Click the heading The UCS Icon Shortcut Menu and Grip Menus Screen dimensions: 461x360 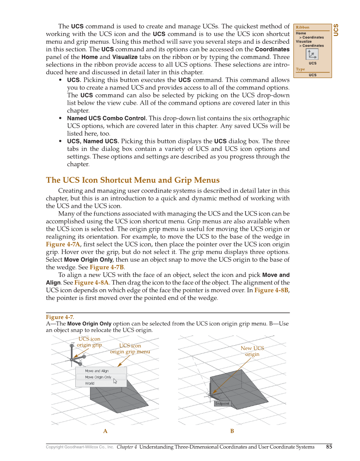point(133,180)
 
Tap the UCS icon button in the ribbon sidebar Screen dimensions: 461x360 point(312,54)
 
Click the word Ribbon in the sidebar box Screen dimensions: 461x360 point(303,28)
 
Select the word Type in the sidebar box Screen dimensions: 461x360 point(300,69)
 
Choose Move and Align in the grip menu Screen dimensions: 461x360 point(97,371)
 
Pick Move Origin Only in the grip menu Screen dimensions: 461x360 point(98,377)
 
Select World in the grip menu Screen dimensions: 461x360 point(89,383)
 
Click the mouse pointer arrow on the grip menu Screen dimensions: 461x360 point(115,381)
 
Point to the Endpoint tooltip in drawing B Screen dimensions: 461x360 point(222,403)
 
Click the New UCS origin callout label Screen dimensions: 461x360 point(252,351)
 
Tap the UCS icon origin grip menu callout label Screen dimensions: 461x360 point(130,349)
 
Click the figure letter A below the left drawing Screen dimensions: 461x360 point(105,431)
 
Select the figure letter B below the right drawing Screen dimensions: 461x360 point(232,431)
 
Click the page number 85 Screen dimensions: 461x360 point(329,447)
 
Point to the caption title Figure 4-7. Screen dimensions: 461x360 point(60,317)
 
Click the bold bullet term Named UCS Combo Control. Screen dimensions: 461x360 point(107,118)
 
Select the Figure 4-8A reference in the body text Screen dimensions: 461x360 point(91,282)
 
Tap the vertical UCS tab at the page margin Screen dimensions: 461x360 point(336,30)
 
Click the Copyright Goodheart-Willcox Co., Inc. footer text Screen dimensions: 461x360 point(80,447)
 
